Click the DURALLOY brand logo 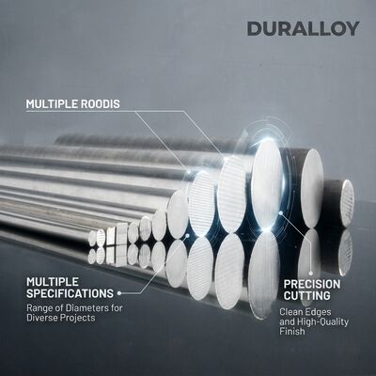pos(303,29)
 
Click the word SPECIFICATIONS pos(70,293)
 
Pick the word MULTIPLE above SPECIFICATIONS pos(53,281)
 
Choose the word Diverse pos(43,318)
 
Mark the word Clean pos(289,312)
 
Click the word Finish pos(292,331)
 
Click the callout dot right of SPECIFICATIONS pos(119,293)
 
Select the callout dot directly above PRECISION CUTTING pos(311,274)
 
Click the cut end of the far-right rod pos(348,203)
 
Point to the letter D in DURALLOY pos(254,29)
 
